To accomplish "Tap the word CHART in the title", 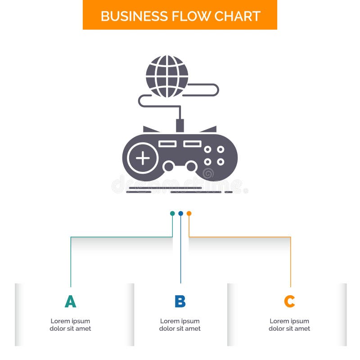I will (x=238, y=16).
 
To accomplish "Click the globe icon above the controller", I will (x=167, y=76).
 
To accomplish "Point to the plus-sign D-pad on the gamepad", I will (x=143, y=158).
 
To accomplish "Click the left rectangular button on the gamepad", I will (x=167, y=144).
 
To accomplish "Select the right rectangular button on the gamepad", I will (x=192, y=144).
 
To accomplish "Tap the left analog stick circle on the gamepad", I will (x=168, y=166).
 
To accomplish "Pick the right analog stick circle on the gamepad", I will (x=191, y=166).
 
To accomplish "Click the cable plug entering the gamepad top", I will (x=180, y=125).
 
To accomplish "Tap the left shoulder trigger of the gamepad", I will (x=150, y=130).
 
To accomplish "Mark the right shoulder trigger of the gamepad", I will (x=209, y=130).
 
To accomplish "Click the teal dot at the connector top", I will (x=172, y=213).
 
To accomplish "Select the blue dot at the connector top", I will (x=180, y=213).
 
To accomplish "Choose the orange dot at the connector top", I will (x=189, y=213).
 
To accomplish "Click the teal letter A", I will (x=70, y=301).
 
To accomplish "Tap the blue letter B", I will (x=180, y=301).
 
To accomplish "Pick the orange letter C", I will (x=289, y=301).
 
